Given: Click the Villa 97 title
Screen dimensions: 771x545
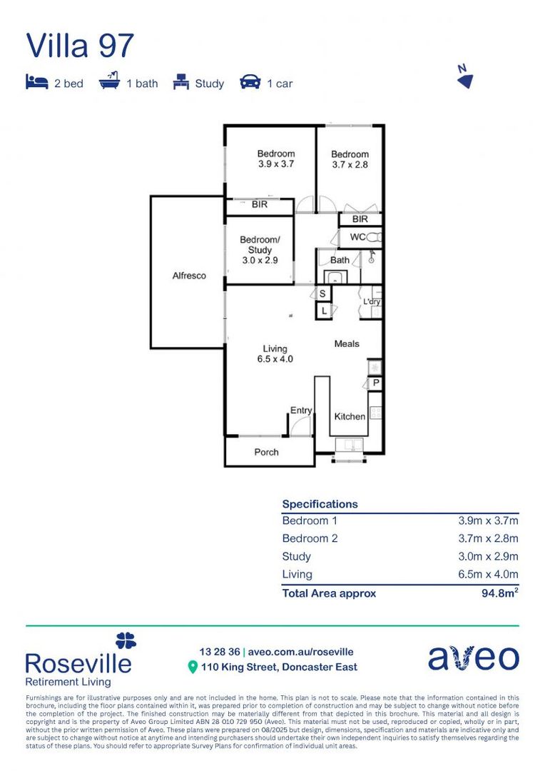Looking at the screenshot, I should coord(80,46).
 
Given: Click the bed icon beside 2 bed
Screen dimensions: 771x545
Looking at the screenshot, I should coord(36,82).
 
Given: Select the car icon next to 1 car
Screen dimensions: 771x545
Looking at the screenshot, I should coord(250,82).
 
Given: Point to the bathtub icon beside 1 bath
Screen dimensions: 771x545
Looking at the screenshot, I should coord(109,82).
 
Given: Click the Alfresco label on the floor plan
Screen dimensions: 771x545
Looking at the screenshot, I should coord(189,276).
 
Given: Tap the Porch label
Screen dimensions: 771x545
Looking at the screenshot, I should coord(266,452).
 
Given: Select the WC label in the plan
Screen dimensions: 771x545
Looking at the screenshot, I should coord(358,236).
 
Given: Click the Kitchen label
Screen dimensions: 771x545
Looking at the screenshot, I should coord(350,416).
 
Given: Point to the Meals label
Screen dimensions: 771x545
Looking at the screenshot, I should coord(347,344).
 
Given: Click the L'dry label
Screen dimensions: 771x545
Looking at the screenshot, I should coord(372,302).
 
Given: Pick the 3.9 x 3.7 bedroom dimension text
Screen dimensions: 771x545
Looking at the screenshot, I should coord(276,164).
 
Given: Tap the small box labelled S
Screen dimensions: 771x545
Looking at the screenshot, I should coord(322,294).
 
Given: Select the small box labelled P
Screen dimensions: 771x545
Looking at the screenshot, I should coord(375,383).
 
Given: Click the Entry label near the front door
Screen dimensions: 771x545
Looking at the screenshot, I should coord(300,410).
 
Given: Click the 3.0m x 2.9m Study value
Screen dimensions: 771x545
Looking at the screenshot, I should coord(488,557).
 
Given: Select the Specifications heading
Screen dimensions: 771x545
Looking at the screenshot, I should coord(320,504).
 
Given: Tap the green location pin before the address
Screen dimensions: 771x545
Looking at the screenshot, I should coord(192,667).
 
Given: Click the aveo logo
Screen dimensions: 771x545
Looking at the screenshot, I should coord(474,658).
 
